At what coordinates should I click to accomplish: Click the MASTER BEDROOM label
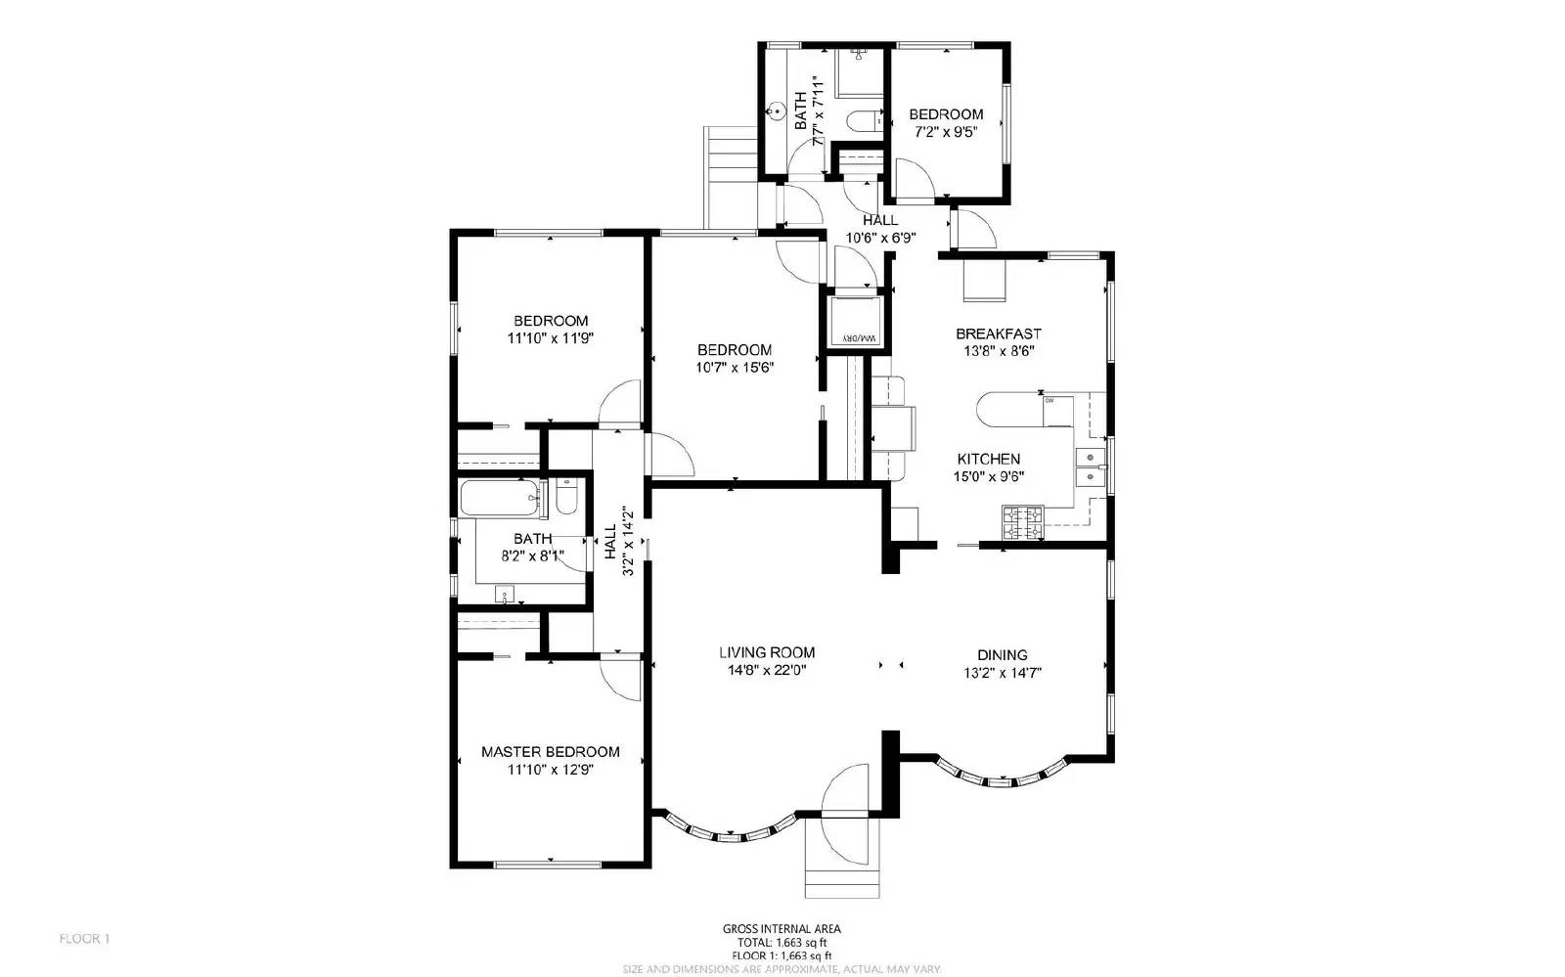(550, 751)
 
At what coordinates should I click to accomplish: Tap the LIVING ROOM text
(766, 652)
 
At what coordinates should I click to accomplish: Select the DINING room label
(1002, 655)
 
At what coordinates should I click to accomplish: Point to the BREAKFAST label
(998, 333)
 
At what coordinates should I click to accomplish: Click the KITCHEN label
(988, 459)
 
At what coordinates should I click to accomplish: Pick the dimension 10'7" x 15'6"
(734, 368)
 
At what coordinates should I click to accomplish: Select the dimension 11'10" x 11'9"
(551, 338)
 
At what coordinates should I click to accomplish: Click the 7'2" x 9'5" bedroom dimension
(946, 132)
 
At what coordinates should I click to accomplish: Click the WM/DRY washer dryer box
(857, 320)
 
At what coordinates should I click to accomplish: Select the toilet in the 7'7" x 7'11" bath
(862, 122)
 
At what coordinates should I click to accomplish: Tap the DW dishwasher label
(1049, 400)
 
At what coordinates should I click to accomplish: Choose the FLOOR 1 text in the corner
(85, 939)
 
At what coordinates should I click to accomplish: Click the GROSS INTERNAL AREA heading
(781, 929)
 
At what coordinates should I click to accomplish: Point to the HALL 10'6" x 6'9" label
(880, 229)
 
